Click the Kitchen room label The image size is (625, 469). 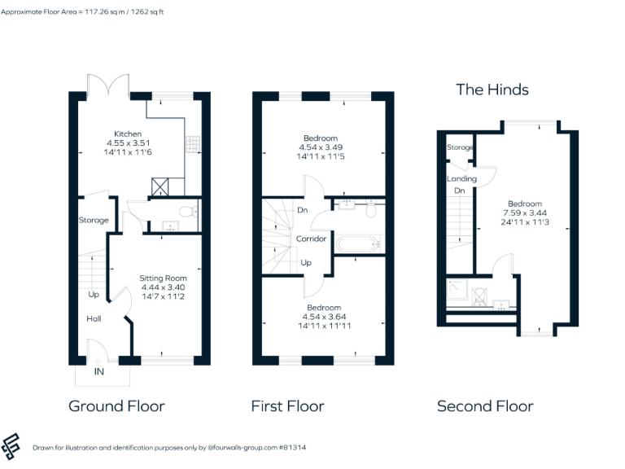click(128, 134)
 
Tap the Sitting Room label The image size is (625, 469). click(163, 278)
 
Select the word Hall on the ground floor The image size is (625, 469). click(94, 319)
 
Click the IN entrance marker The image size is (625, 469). click(98, 372)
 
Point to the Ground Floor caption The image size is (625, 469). click(116, 406)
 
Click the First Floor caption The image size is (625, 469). click(287, 406)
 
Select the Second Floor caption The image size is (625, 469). click(485, 406)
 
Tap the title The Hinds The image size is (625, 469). click(492, 90)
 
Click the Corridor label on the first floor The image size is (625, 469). click(311, 239)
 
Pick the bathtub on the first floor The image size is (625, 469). click(356, 243)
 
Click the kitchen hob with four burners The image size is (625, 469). click(194, 145)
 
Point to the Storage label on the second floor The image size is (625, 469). click(460, 147)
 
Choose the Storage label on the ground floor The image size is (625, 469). click(94, 221)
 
